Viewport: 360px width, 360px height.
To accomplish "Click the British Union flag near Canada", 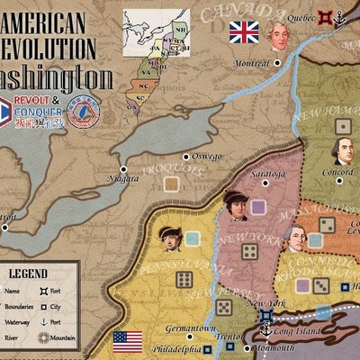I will pyautogui.click(x=243, y=33).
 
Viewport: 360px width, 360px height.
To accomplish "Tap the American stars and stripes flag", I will pyautogui.click(x=129, y=342).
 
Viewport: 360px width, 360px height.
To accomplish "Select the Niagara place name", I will pyautogui.click(x=121, y=178).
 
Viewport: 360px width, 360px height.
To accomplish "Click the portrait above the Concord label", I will pyautogui.click(x=341, y=150).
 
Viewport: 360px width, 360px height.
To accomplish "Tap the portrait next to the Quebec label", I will pyautogui.click(x=278, y=36).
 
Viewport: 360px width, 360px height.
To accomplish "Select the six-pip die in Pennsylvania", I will pyautogui.click(x=184, y=280).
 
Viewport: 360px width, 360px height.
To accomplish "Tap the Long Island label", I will pyautogui.click(x=289, y=329).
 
